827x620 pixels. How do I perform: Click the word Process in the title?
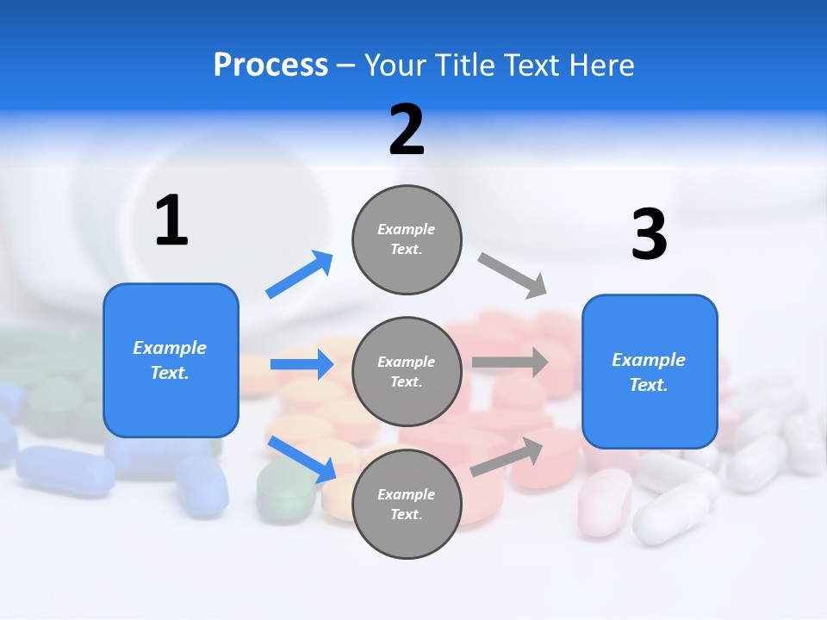click(x=270, y=65)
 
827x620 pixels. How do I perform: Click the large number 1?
click(x=171, y=221)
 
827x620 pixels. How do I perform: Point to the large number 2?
click(x=407, y=129)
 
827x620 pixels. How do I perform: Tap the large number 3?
click(x=649, y=234)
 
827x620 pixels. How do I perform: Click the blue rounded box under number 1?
click(x=171, y=360)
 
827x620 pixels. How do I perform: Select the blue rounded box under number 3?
click(x=650, y=372)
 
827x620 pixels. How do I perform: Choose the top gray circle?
click(x=407, y=239)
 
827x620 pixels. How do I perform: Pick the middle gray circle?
click(x=407, y=372)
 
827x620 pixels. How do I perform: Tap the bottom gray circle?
click(x=407, y=505)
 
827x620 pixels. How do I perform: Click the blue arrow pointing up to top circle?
click(x=300, y=275)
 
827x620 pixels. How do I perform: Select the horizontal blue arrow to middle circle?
click(x=302, y=364)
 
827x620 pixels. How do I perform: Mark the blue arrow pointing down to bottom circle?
click(x=302, y=459)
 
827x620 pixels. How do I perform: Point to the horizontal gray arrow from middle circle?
click(x=510, y=362)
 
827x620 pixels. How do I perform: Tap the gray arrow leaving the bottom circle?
click(x=507, y=457)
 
